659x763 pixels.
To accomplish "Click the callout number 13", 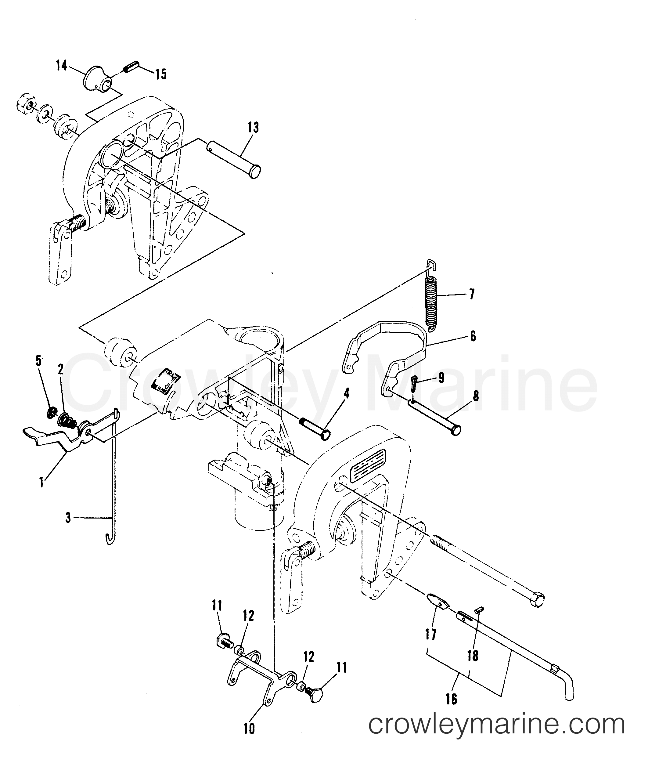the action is pyautogui.click(x=253, y=127).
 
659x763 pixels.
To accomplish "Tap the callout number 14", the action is pyautogui.click(x=62, y=66).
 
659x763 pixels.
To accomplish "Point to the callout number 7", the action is pyautogui.click(x=471, y=294).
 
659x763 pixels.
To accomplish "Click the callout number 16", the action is pyautogui.click(x=451, y=710).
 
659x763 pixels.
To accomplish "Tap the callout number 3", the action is pyautogui.click(x=68, y=518).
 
